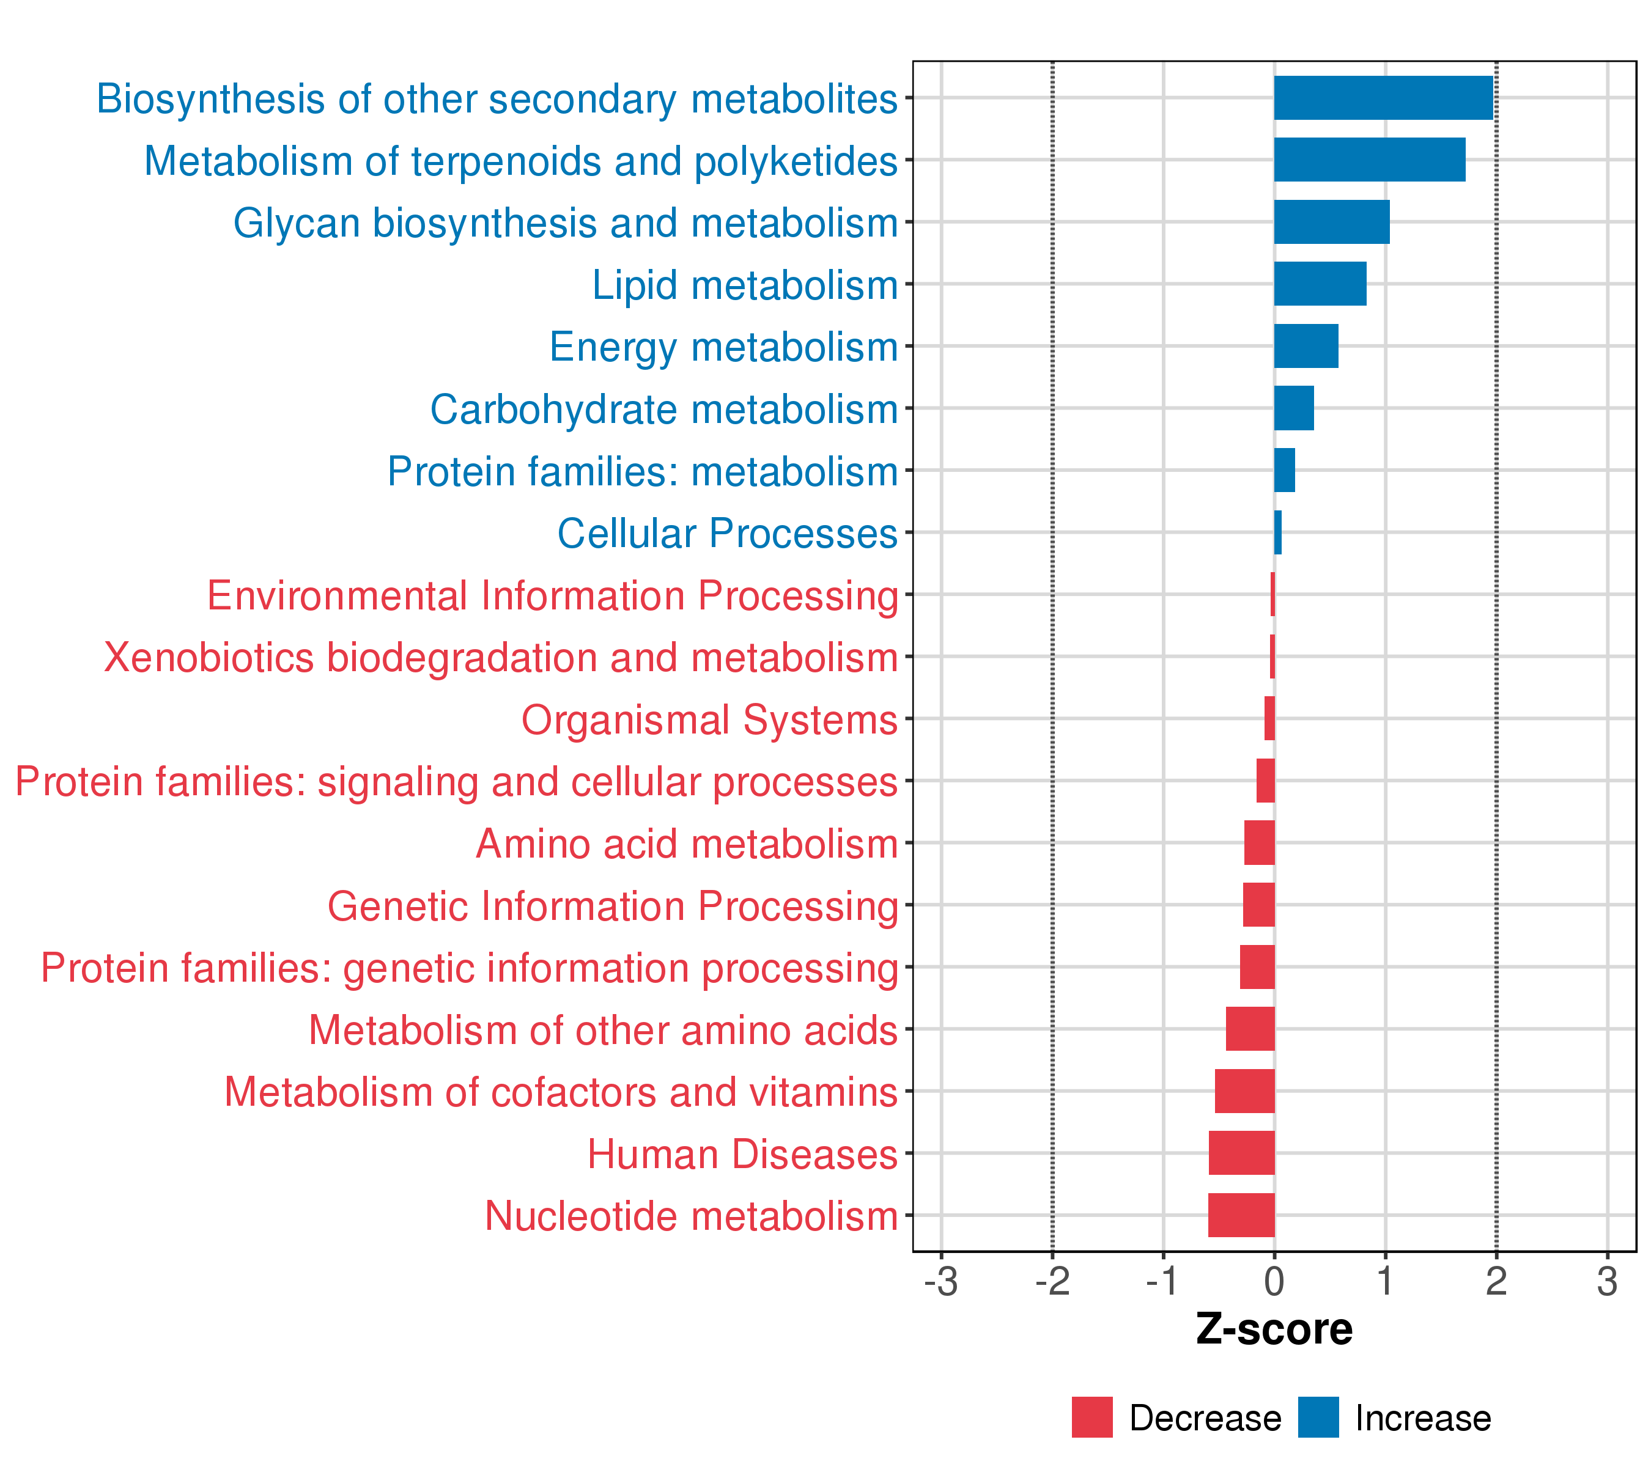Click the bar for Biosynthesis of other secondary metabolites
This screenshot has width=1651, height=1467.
1383,98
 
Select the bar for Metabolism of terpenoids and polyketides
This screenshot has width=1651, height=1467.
1369,160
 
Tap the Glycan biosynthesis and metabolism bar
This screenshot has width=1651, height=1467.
1331,222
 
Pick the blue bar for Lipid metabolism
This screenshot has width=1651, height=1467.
1320,284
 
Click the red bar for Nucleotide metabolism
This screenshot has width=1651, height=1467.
1241,1215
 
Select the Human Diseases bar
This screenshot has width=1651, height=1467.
1241,1153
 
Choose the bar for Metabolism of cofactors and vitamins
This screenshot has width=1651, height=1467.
1245,1090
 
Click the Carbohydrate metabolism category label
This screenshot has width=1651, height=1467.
664,410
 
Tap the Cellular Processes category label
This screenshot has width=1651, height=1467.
727,534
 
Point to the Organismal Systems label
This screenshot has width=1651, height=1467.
709,719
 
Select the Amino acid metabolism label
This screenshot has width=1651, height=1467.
687,844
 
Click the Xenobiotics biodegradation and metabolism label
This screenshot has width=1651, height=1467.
501,657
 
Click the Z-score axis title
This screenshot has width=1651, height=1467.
1274,1329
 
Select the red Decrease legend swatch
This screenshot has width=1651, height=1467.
1092,1417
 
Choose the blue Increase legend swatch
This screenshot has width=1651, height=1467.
1318,1417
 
